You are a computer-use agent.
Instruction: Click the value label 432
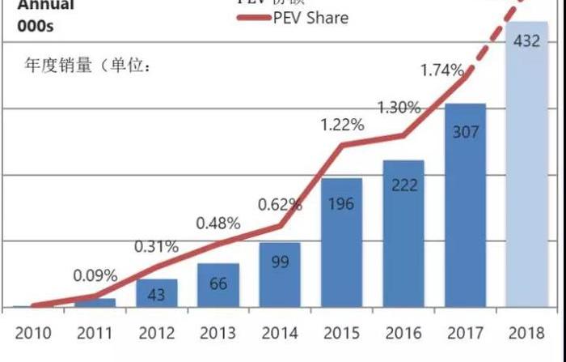point(527,41)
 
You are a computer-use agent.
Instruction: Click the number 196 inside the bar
point(341,204)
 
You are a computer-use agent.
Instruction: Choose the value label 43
point(156,295)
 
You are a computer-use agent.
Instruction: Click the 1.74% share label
point(441,70)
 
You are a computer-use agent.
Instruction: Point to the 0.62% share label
point(280,205)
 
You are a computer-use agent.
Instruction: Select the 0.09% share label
point(95,275)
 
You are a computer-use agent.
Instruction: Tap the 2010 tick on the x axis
point(33,333)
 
